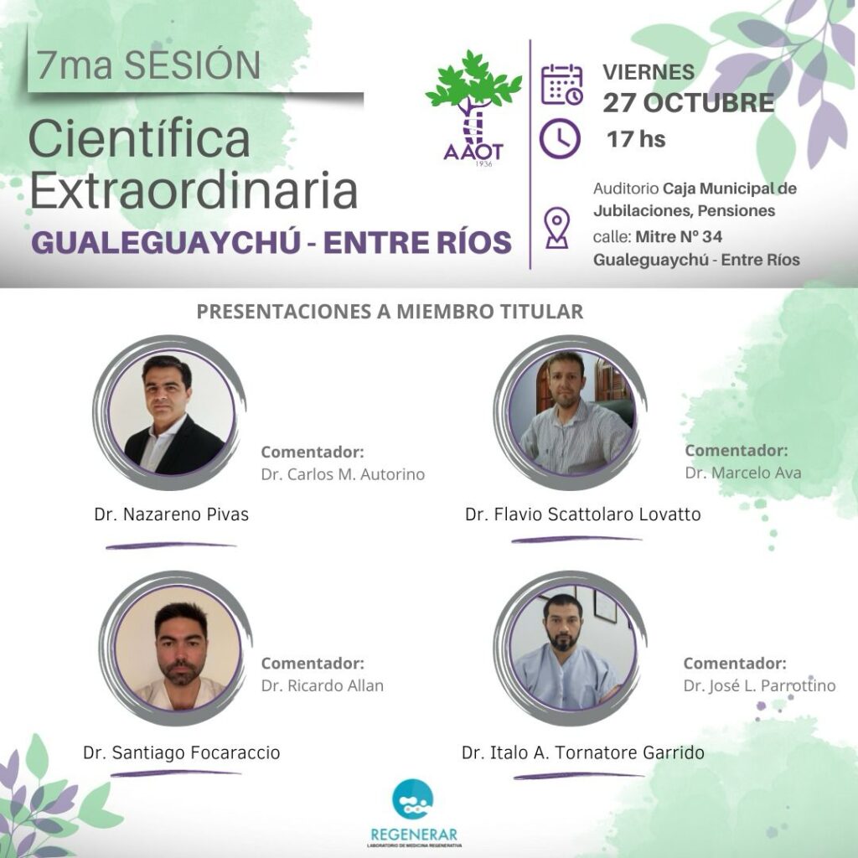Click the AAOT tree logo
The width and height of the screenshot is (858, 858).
click(x=474, y=108)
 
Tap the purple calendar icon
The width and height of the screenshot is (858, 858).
click(x=561, y=85)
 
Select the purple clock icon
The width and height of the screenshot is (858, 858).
click(x=560, y=138)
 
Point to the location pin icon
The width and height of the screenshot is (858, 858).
click(x=556, y=228)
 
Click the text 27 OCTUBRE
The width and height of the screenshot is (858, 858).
click(x=689, y=103)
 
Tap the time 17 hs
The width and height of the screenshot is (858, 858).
click(x=637, y=139)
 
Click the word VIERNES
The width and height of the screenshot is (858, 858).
click(x=649, y=72)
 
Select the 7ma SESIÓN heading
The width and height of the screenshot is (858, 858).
click(x=148, y=65)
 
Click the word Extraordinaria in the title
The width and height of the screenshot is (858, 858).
click(x=194, y=190)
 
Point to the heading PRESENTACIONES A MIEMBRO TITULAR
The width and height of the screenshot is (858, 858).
click(x=390, y=312)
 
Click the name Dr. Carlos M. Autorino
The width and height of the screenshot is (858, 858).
click(x=343, y=474)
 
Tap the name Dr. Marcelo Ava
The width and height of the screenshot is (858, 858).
click(x=743, y=473)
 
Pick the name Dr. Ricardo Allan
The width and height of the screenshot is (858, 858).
click(x=323, y=685)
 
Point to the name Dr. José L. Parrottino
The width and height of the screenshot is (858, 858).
click(x=759, y=685)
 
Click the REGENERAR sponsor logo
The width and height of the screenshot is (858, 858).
click(x=414, y=813)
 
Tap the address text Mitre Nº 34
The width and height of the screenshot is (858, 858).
click(x=679, y=237)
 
